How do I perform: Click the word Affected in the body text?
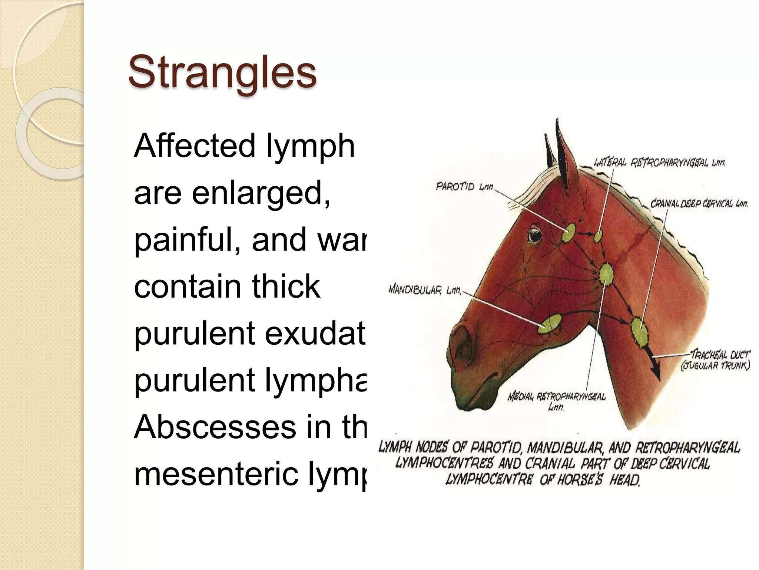(195, 145)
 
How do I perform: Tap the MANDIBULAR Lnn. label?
(425, 290)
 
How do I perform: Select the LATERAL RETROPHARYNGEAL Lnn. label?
(659, 163)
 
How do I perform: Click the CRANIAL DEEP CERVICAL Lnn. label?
(699, 204)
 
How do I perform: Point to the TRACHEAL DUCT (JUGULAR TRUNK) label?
(716, 360)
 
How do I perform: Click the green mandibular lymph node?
(550, 324)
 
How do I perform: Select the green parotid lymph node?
(568, 233)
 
